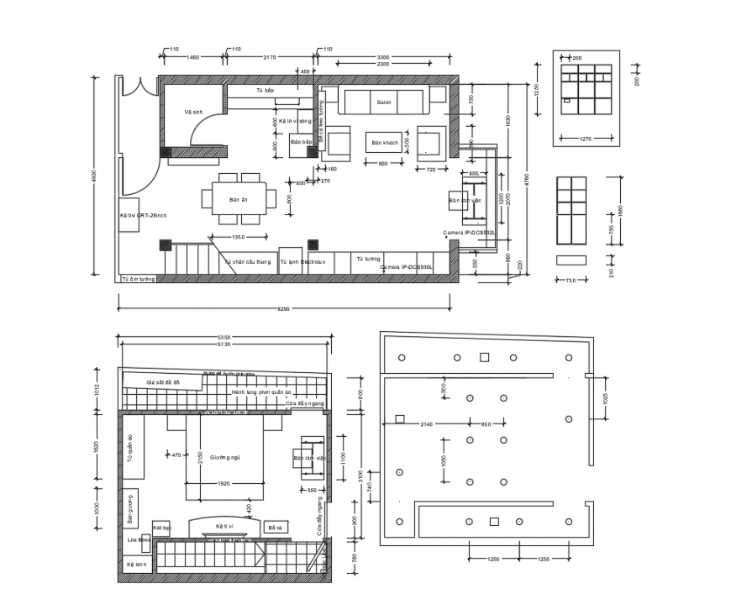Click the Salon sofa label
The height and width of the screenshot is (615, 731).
(384, 102)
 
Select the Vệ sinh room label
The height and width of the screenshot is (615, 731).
(194, 112)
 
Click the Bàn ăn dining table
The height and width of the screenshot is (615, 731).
(239, 200)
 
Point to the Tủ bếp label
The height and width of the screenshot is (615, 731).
(265, 90)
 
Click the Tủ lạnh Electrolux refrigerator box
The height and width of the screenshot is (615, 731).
(291, 261)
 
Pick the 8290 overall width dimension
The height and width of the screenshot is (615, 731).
(284, 309)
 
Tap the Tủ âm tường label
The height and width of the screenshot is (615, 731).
(139, 278)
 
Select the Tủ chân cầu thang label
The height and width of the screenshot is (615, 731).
(248, 262)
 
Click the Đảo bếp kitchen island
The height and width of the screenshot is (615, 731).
(302, 143)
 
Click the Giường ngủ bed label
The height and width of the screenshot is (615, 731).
(225, 457)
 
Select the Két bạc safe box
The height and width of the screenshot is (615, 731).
(162, 528)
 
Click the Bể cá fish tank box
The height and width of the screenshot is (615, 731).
(273, 527)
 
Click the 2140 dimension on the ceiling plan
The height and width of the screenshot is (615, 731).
(427, 424)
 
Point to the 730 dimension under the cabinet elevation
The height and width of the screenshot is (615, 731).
(571, 280)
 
